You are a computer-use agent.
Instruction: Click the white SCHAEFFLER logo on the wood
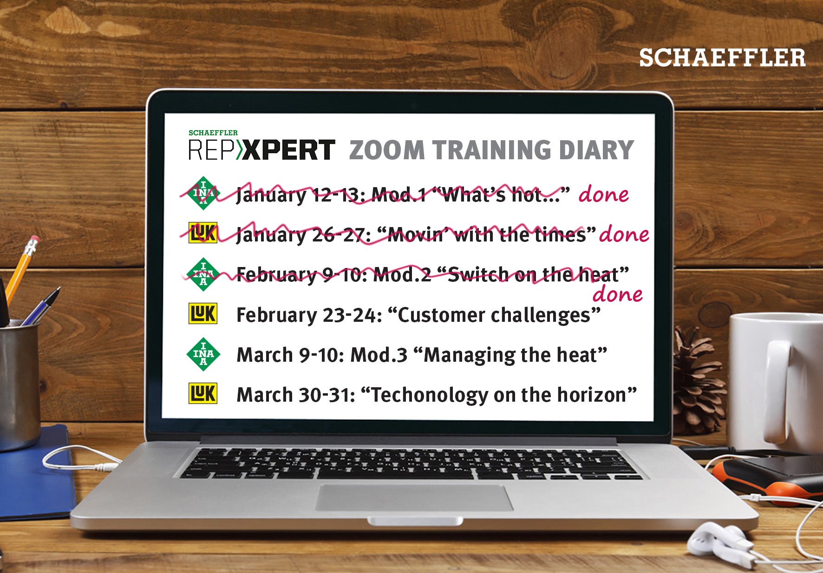click(722, 58)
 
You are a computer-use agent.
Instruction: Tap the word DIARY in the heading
click(596, 150)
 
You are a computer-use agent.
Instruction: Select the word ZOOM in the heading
click(387, 150)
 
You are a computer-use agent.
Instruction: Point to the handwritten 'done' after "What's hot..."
click(604, 194)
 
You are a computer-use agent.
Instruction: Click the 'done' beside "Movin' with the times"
click(624, 234)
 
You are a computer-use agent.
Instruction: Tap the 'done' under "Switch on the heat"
click(618, 294)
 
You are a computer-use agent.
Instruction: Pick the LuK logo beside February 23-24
click(203, 313)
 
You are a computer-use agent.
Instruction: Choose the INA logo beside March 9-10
click(203, 354)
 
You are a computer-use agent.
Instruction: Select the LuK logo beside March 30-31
click(203, 393)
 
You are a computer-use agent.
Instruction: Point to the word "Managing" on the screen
click(470, 356)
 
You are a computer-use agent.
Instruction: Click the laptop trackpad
click(415, 498)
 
